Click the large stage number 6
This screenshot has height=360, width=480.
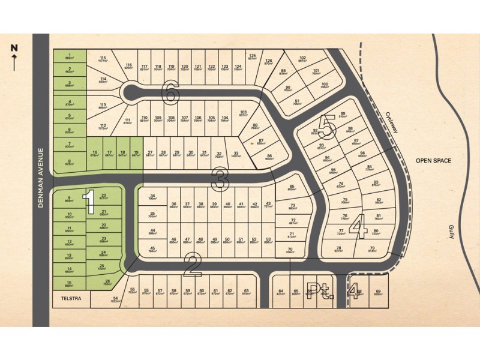tap(171, 93)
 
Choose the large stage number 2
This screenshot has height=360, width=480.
tap(192, 265)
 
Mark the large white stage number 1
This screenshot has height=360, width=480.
tap(89, 202)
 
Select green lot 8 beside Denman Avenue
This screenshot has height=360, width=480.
tap(70, 162)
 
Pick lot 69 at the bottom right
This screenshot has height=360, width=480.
tap(378, 293)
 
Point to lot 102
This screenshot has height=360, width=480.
tap(303, 59)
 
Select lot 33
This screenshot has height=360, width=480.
tap(237, 155)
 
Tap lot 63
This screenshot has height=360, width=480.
tap(246, 293)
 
